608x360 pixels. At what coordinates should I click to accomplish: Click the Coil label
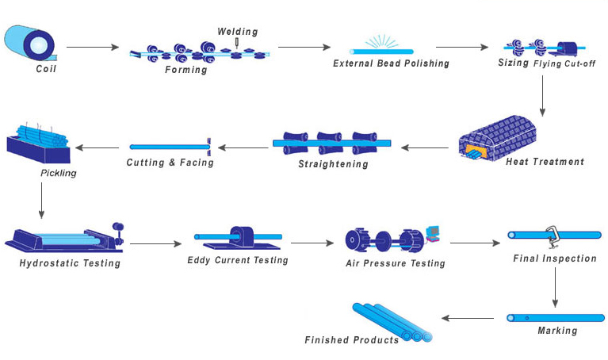[46, 69]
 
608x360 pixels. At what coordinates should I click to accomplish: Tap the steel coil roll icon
[31, 44]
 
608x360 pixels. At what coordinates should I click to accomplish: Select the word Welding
[238, 32]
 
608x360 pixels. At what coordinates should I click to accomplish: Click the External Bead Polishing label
[391, 63]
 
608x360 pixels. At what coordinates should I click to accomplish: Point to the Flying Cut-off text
[564, 63]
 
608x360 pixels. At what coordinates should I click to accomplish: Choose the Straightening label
[333, 164]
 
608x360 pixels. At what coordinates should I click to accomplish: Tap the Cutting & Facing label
[170, 163]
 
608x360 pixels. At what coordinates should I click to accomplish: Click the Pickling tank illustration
[38, 143]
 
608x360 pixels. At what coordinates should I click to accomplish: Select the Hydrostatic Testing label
[70, 263]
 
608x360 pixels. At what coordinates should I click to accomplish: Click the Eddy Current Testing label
[238, 260]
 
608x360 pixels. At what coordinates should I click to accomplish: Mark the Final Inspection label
[555, 259]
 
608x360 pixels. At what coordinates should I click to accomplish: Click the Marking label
[556, 331]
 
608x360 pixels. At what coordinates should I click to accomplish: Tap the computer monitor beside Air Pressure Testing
[433, 232]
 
